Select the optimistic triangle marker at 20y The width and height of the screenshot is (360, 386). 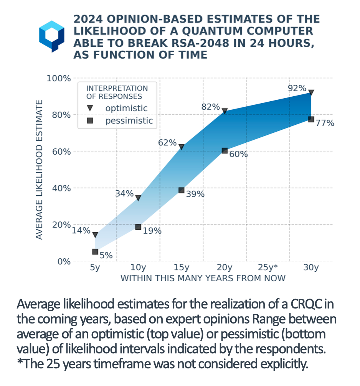pos(225,111)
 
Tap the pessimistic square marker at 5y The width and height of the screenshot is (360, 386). pos(95,252)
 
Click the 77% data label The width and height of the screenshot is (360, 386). pos(325,123)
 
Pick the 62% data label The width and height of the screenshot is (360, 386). pos(167,143)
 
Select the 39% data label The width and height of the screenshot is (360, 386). pos(195,194)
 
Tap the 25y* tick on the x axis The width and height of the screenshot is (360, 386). pos(268,267)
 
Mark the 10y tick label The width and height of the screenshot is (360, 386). pos(138,267)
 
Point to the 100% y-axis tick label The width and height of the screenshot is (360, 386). pos(59,79)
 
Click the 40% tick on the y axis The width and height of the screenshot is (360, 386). pos(61,188)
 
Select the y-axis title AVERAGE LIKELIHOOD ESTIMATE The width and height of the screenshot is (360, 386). pos(39,170)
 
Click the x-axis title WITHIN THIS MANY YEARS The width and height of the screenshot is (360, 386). pos(203,278)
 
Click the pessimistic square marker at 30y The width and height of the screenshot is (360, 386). pos(311,119)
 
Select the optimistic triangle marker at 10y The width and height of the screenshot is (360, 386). pos(138,198)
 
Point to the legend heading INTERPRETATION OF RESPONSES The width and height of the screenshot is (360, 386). pos(117,92)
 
